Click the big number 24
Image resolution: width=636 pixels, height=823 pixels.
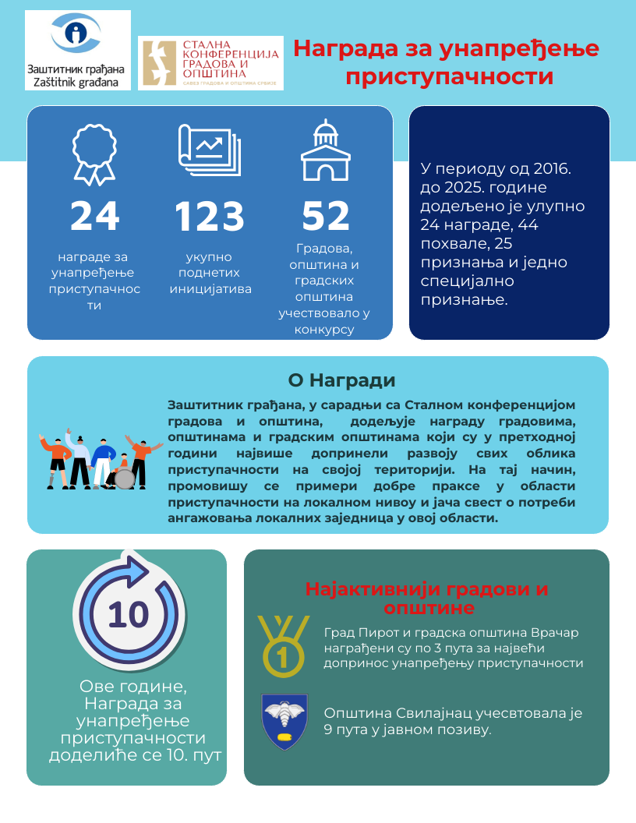[x=94, y=217]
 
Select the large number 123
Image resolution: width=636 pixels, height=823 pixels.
[x=209, y=217]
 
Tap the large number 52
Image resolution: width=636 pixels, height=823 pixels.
[x=326, y=217]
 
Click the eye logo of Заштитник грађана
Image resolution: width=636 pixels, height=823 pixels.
[x=76, y=34]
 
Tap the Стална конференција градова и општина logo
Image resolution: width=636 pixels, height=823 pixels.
[x=210, y=63]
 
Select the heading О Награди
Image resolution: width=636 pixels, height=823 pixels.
[x=341, y=380]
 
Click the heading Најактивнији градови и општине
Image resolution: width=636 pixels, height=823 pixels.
[x=426, y=598]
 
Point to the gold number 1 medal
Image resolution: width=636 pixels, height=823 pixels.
[x=282, y=646]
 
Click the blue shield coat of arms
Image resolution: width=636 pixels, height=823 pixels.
[x=284, y=721]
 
